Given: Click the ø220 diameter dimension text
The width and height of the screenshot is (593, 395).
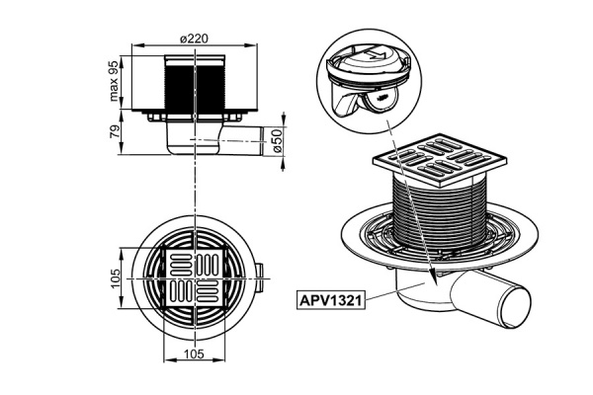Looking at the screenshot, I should click(194, 38).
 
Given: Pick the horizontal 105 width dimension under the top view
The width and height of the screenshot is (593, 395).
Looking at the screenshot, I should click(194, 354).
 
